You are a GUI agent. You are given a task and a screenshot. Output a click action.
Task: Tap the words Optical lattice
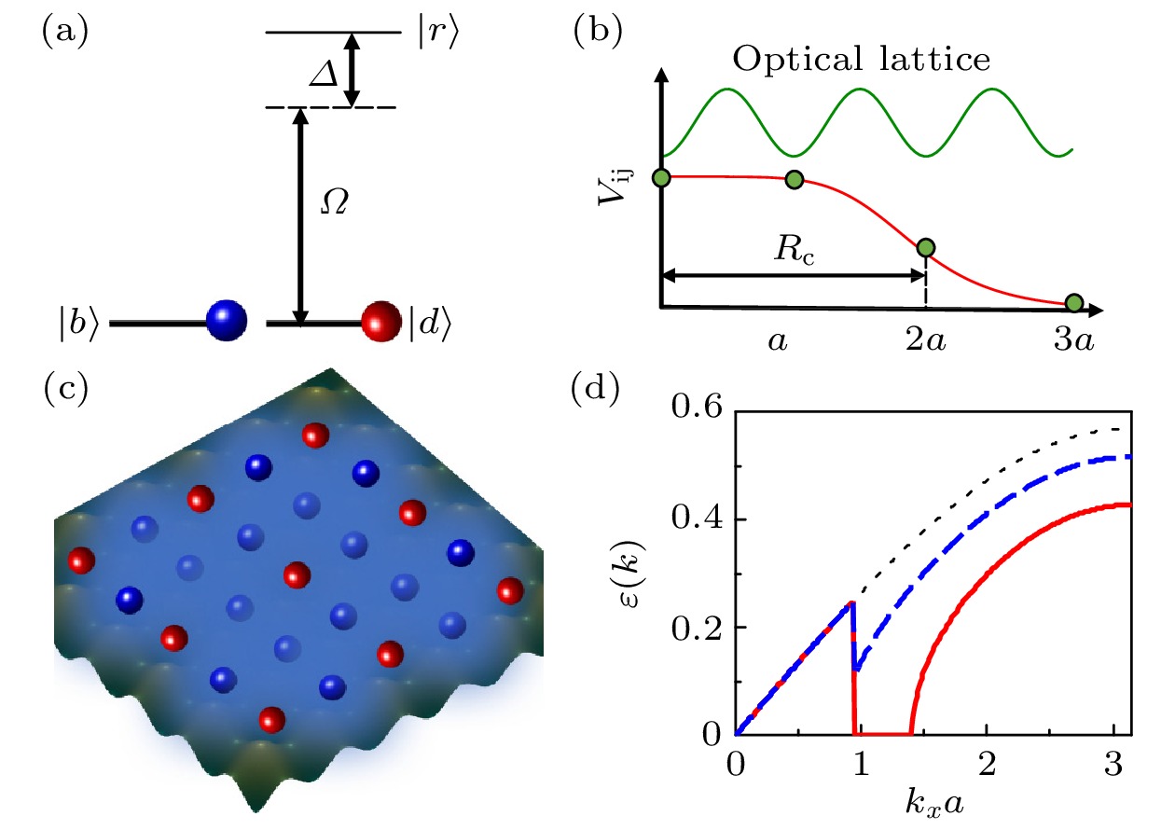pyautogui.click(x=860, y=62)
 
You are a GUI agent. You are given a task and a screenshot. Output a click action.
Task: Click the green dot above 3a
pyautogui.click(x=1073, y=302)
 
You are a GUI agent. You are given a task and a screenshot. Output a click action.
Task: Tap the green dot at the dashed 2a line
pyautogui.click(x=925, y=248)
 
